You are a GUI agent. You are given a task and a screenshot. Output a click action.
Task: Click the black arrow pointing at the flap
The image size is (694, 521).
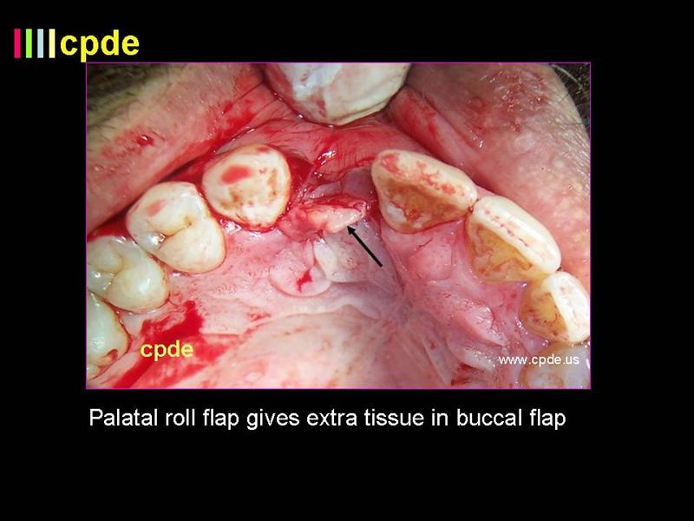tap(364, 247)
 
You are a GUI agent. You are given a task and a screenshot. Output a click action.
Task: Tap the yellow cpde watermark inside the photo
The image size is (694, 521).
tap(167, 350)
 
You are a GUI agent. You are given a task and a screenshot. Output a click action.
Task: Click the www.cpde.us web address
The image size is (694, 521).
tap(538, 359)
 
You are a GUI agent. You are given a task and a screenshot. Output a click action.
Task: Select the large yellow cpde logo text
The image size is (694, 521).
tap(100, 43)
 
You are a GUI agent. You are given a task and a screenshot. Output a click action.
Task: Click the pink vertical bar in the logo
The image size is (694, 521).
tap(17, 43)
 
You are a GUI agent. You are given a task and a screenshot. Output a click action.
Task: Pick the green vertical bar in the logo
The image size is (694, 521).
tap(29, 43)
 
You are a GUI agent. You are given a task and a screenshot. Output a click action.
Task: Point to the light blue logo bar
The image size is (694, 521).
tap(40, 43)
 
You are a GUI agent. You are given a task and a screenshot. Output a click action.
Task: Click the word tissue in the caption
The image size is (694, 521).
tap(394, 418)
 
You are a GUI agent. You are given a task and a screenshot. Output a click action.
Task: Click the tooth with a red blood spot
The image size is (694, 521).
tap(247, 186)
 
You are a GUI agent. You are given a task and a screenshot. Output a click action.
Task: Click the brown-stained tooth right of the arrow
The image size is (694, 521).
tap(422, 191)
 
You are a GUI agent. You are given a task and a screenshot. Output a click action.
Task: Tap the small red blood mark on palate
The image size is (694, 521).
tap(304, 280)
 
